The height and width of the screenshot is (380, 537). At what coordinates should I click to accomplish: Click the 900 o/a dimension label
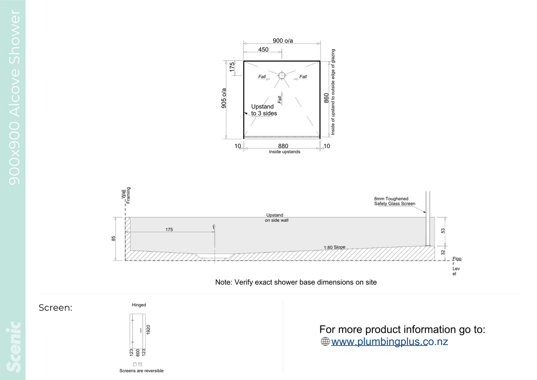(x=283, y=41)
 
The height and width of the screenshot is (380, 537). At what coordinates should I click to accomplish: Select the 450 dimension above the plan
(x=263, y=50)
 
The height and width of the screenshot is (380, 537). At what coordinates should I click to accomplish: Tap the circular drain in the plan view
(x=282, y=75)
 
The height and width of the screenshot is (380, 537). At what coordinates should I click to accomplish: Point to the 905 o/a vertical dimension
(x=224, y=98)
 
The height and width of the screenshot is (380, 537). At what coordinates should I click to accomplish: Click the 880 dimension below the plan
(x=283, y=146)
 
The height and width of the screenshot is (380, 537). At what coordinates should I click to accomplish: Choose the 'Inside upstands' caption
(x=285, y=152)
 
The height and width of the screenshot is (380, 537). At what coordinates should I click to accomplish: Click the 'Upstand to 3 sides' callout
(x=264, y=110)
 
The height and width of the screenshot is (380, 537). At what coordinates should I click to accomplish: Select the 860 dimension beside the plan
(x=326, y=98)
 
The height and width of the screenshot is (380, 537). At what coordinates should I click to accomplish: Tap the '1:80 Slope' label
(x=334, y=247)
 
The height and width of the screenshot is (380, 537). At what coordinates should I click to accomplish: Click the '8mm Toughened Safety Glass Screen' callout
(x=395, y=201)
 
